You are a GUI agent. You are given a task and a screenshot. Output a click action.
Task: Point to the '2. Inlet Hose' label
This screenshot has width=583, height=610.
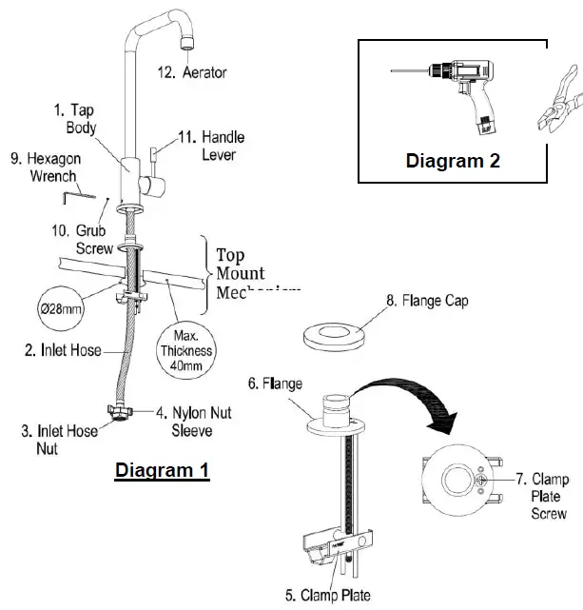(64, 350)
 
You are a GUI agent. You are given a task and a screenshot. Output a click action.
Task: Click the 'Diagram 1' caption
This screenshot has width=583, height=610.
(162, 470)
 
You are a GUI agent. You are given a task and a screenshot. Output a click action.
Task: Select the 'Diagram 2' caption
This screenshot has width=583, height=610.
(453, 161)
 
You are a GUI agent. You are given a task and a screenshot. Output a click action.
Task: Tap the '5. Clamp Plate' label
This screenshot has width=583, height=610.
(327, 597)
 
